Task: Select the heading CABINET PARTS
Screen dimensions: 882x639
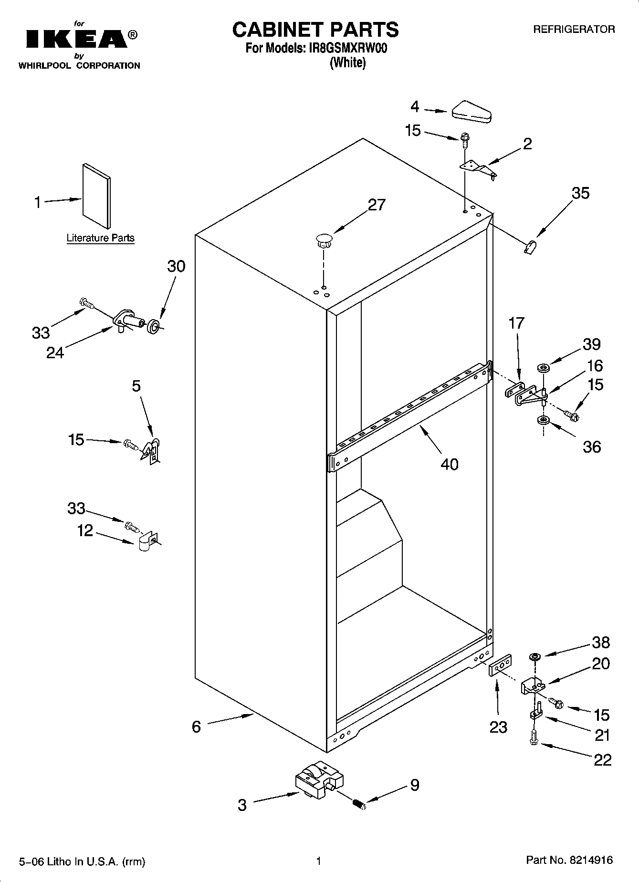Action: [315, 30]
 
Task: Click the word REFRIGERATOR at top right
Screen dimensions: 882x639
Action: [574, 30]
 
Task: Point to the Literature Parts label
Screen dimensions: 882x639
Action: [100, 238]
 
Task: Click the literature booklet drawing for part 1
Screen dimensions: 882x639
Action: [96, 196]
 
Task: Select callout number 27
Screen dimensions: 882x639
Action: [376, 205]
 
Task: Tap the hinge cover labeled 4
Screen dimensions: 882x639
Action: [471, 113]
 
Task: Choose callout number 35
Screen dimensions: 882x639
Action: [580, 193]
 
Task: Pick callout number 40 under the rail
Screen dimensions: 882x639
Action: [449, 464]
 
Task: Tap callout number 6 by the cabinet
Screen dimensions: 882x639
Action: [196, 726]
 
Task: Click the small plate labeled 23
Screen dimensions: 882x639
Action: [500, 665]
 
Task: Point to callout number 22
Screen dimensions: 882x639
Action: [602, 759]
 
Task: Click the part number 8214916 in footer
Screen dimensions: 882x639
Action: [591, 861]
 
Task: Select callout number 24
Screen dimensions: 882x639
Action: [55, 353]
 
